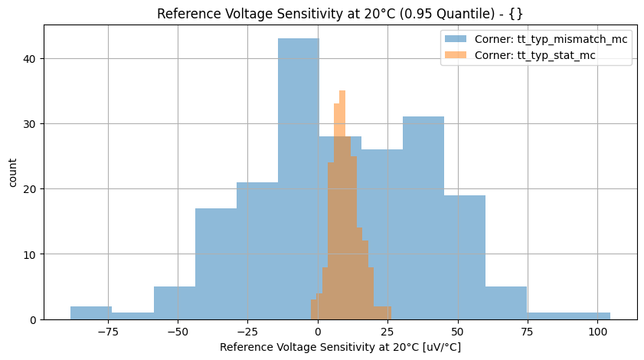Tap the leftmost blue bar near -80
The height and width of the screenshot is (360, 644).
(x=90, y=313)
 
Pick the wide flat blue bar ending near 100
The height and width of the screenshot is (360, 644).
(x=568, y=316)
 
